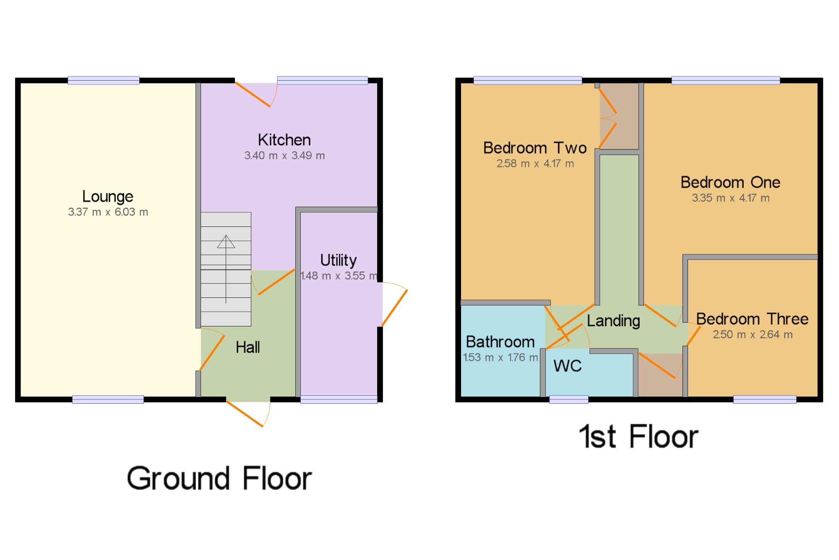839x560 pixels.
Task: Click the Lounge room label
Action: click(107, 197)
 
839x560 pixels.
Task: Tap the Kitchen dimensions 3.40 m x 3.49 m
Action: click(284, 155)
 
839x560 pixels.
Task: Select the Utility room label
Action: click(338, 260)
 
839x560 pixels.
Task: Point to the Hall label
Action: click(248, 347)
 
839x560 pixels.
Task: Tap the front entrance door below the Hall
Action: click(248, 413)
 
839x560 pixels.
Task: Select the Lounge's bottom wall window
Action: click(108, 400)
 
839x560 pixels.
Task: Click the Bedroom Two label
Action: click(535, 148)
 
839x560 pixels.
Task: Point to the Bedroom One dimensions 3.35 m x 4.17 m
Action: click(730, 198)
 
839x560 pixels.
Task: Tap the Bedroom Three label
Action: click(752, 319)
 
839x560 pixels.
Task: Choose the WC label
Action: click(567, 366)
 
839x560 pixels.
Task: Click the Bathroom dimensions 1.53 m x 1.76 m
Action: click(500, 358)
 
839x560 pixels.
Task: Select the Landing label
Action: click(613, 321)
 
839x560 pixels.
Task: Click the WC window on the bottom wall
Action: click(568, 400)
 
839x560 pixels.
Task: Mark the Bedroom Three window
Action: click(764, 400)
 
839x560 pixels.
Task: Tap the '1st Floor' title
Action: click(638, 436)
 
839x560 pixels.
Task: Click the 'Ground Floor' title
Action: click(219, 478)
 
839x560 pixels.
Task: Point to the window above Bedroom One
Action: click(725, 80)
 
